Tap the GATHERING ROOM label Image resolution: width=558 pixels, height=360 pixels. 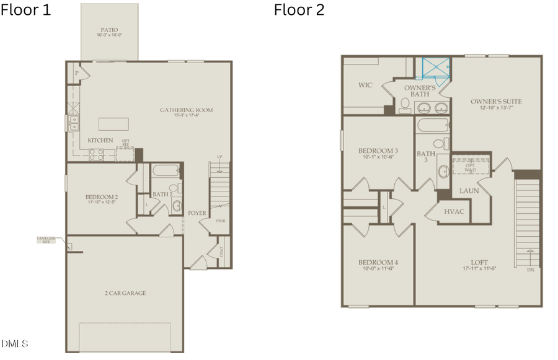click(x=186, y=110)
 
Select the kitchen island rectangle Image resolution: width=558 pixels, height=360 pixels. click(x=113, y=124)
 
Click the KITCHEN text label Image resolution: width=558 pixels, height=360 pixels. click(x=100, y=141)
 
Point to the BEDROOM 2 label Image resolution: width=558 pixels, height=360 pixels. click(x=101, y=198)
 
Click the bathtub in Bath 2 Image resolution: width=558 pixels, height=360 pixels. click(x=164, y=171)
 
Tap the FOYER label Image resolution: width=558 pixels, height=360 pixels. click(x=197, y=213)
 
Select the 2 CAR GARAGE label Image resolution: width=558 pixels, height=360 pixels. click(x=125, y=293)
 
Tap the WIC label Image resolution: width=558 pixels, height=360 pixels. click(x=365, y=85)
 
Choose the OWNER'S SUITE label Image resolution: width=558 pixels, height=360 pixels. click(x=496, y=102)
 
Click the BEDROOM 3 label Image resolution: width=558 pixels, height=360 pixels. click(x=378, y=151)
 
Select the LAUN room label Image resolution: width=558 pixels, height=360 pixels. click(x=469, y=191)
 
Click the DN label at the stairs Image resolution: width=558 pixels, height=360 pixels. click(x=530, y=270)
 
